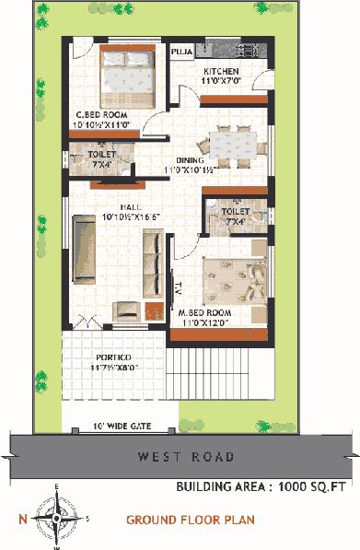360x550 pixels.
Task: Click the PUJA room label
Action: [x=182, y=53]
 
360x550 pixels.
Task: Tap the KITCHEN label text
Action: [x=221, y=71]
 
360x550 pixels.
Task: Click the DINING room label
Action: [x=190, y=160]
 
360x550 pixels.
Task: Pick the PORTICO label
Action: [x=112, y=357]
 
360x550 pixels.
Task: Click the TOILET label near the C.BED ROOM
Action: [x=102, y=154]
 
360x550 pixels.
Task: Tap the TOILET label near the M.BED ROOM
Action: [x=236, y=212]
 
